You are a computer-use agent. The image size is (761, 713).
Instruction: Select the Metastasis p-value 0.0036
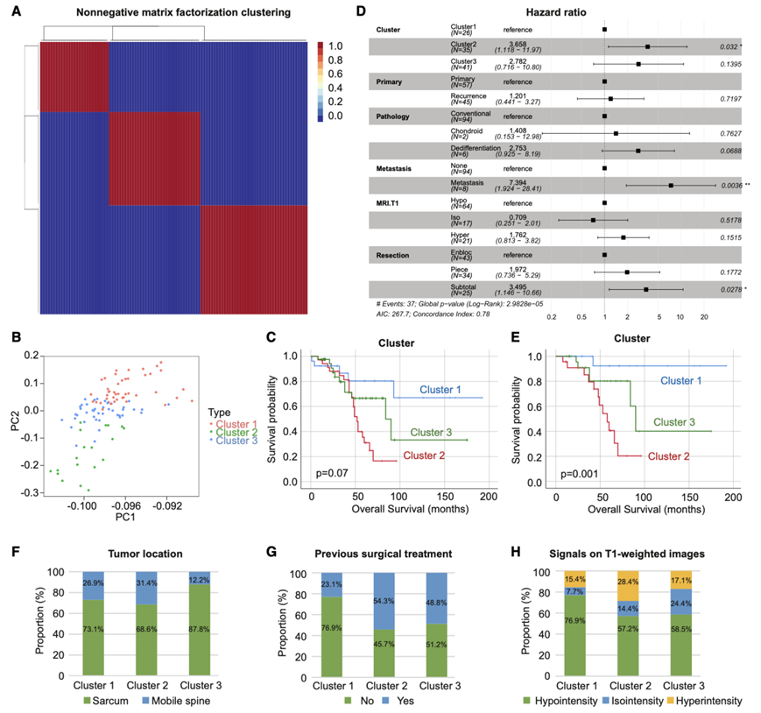[729, 186]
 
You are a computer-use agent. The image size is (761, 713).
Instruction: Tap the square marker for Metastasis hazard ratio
[671, 186]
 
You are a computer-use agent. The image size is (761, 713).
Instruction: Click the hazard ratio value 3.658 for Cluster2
[517, 41]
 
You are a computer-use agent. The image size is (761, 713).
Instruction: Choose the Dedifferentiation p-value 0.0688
[729, 152]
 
